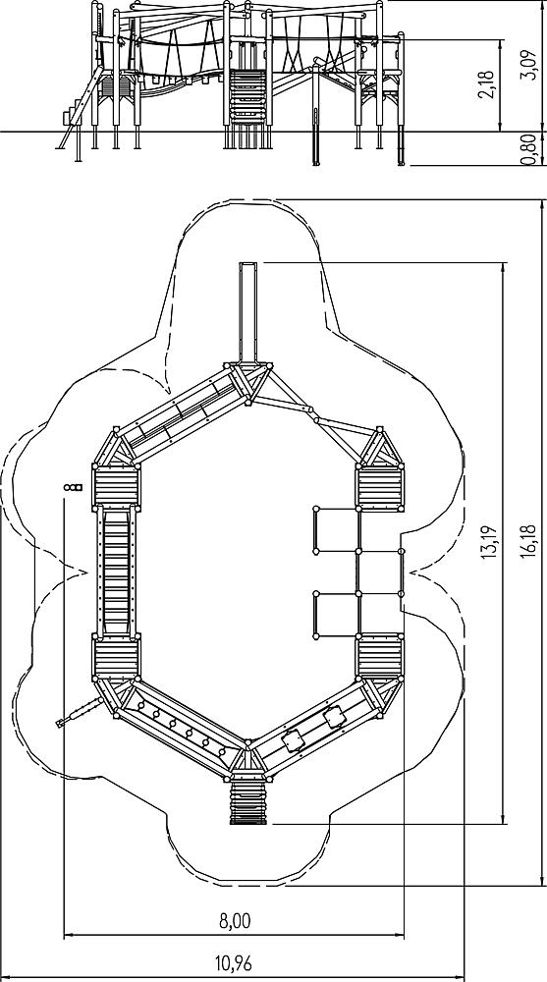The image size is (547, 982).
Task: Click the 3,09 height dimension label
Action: point(530,66)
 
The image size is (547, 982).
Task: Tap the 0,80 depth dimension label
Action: point(530,149)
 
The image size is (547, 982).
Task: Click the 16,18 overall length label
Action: point(530,541)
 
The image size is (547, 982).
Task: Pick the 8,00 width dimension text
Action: point(235,921)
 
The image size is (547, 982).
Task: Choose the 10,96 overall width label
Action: point(234,962)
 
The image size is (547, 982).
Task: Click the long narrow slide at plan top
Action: point(248,312)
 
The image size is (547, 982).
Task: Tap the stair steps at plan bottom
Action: point(248,801)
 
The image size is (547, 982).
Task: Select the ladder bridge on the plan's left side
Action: point(117,573)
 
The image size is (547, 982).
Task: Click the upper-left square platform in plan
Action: point(117,487)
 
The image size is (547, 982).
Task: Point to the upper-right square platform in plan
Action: point(380,488)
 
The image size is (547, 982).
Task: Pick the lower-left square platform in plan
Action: point(117,658)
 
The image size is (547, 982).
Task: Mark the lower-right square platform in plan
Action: point(380,658)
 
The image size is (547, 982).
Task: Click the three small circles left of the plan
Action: point(73,487)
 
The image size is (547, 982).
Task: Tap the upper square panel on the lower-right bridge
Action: point(334,717)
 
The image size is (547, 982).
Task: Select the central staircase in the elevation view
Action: point(247,97)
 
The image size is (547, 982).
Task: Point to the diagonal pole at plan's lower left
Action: point(79,712)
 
